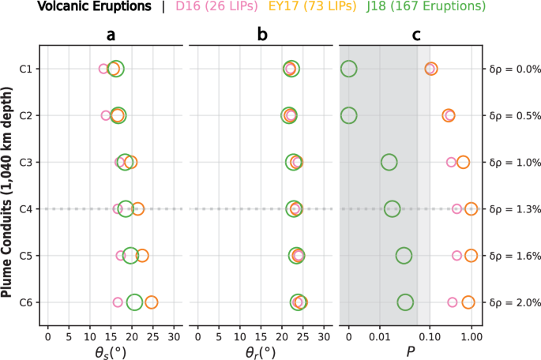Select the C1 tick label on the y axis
pos(26,69)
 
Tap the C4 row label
pos(26,209)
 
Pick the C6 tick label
pos(26,302)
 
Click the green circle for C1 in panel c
pos(348,69)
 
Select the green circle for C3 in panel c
pos(389,163)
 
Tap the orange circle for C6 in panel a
pos(151,302)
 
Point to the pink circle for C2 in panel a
pos(106,116)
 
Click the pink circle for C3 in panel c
pos(451,163)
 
